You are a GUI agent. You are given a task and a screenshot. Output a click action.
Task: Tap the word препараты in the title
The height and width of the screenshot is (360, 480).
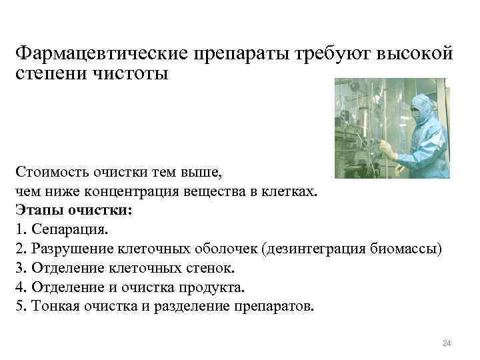(235, 53)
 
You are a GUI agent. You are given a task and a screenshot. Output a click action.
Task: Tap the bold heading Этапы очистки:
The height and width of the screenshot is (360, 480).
(73, 210)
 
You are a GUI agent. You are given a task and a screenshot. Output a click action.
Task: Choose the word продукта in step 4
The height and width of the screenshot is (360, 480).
(213, 288)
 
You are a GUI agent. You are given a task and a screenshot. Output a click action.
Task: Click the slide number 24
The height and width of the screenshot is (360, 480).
(447, 343)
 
